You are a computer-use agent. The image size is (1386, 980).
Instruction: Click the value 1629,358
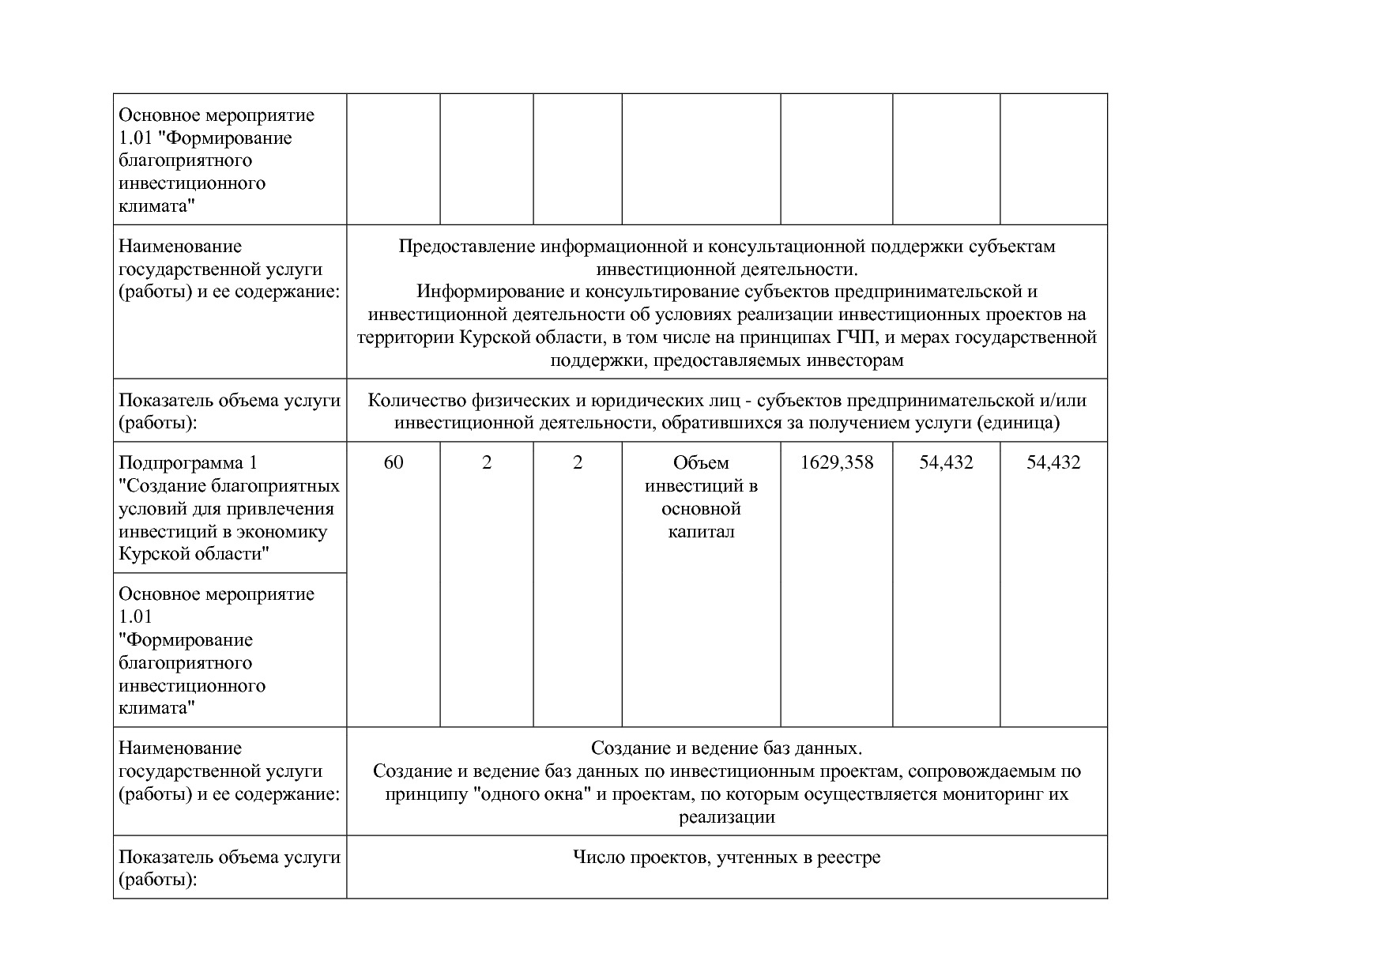[x=837, y=463]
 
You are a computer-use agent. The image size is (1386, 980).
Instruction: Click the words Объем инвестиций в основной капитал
[x=701, y=497]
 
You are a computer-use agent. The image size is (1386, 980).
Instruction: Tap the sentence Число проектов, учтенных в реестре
[x=726, y=857]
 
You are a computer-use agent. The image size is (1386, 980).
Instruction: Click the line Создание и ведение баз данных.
[x=726, y=748]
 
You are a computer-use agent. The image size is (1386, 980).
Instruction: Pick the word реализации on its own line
[x=726, y=817]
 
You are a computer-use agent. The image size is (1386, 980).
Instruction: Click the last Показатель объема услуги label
[x=229, y=867]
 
